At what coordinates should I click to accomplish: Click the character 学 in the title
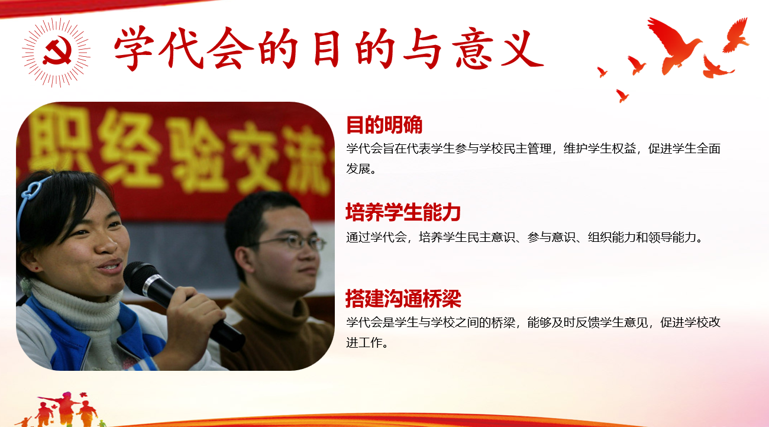[134, 48]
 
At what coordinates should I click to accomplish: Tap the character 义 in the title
[522, 48]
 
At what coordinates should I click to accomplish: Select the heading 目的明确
[384, 125]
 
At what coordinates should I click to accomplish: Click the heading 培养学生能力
[403, 212]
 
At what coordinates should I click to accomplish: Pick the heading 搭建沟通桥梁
[403, 299]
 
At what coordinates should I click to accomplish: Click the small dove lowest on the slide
[622, 95]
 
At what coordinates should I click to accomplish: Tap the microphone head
[141, 277]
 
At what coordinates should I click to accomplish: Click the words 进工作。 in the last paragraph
[367, 342]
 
